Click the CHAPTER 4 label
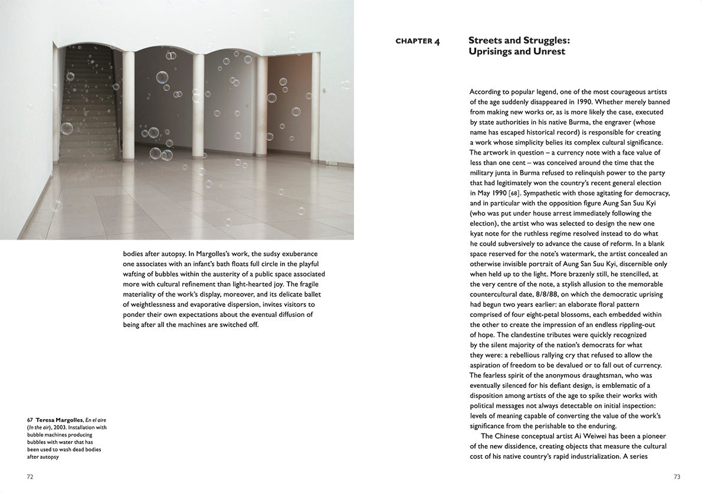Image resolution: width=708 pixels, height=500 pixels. [417, 41]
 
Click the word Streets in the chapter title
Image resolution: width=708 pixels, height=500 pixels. [486, 41]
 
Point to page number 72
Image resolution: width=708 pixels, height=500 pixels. [29, 476]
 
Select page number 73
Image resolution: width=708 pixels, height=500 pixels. [677, 476]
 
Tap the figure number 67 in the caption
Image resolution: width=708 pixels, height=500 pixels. [29, 420]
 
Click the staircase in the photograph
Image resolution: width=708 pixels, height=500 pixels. [88, 106]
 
